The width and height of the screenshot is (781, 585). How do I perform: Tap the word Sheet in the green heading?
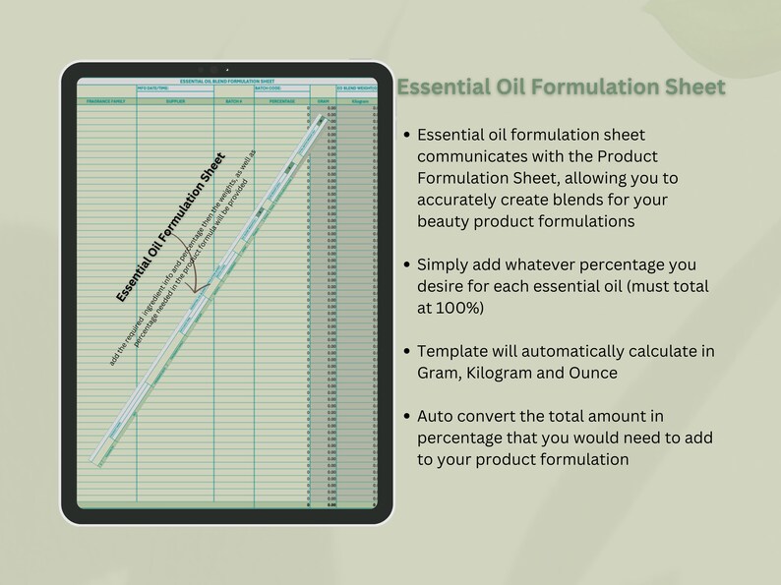(692, 88)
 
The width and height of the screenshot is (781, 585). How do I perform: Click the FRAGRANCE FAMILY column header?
(106, 100)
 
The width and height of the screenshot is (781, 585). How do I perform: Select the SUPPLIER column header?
(175, 100)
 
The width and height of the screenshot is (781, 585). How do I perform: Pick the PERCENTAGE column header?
(282, 100)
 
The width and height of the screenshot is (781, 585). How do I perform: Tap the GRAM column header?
(324, 100)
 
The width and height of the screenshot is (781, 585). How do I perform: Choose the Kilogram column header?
(360, 100)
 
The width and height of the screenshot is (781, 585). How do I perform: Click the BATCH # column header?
(233, 100)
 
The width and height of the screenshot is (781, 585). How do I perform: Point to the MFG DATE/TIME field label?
(152, 88)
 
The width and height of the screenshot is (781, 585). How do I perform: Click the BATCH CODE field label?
(268, 88)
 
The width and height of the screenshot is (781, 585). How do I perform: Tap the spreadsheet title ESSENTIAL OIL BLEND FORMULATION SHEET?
(227, 81)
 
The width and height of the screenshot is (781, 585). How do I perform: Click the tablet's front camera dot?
(227, 70)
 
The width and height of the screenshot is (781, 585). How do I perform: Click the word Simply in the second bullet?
(445, 264)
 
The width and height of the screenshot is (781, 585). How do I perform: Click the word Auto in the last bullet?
(436, 417)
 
